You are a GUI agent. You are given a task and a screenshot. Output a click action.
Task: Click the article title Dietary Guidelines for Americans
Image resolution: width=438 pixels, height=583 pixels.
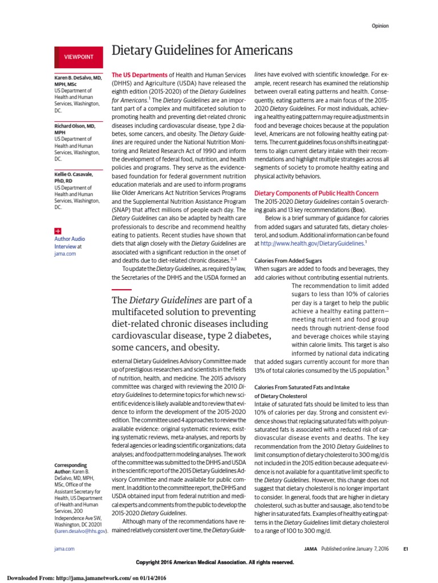pos(202,51)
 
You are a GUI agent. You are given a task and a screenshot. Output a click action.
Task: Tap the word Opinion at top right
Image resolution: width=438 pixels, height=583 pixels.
pos(381,26)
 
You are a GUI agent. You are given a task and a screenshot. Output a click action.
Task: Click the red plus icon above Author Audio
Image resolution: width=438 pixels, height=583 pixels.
pos(58,231)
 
